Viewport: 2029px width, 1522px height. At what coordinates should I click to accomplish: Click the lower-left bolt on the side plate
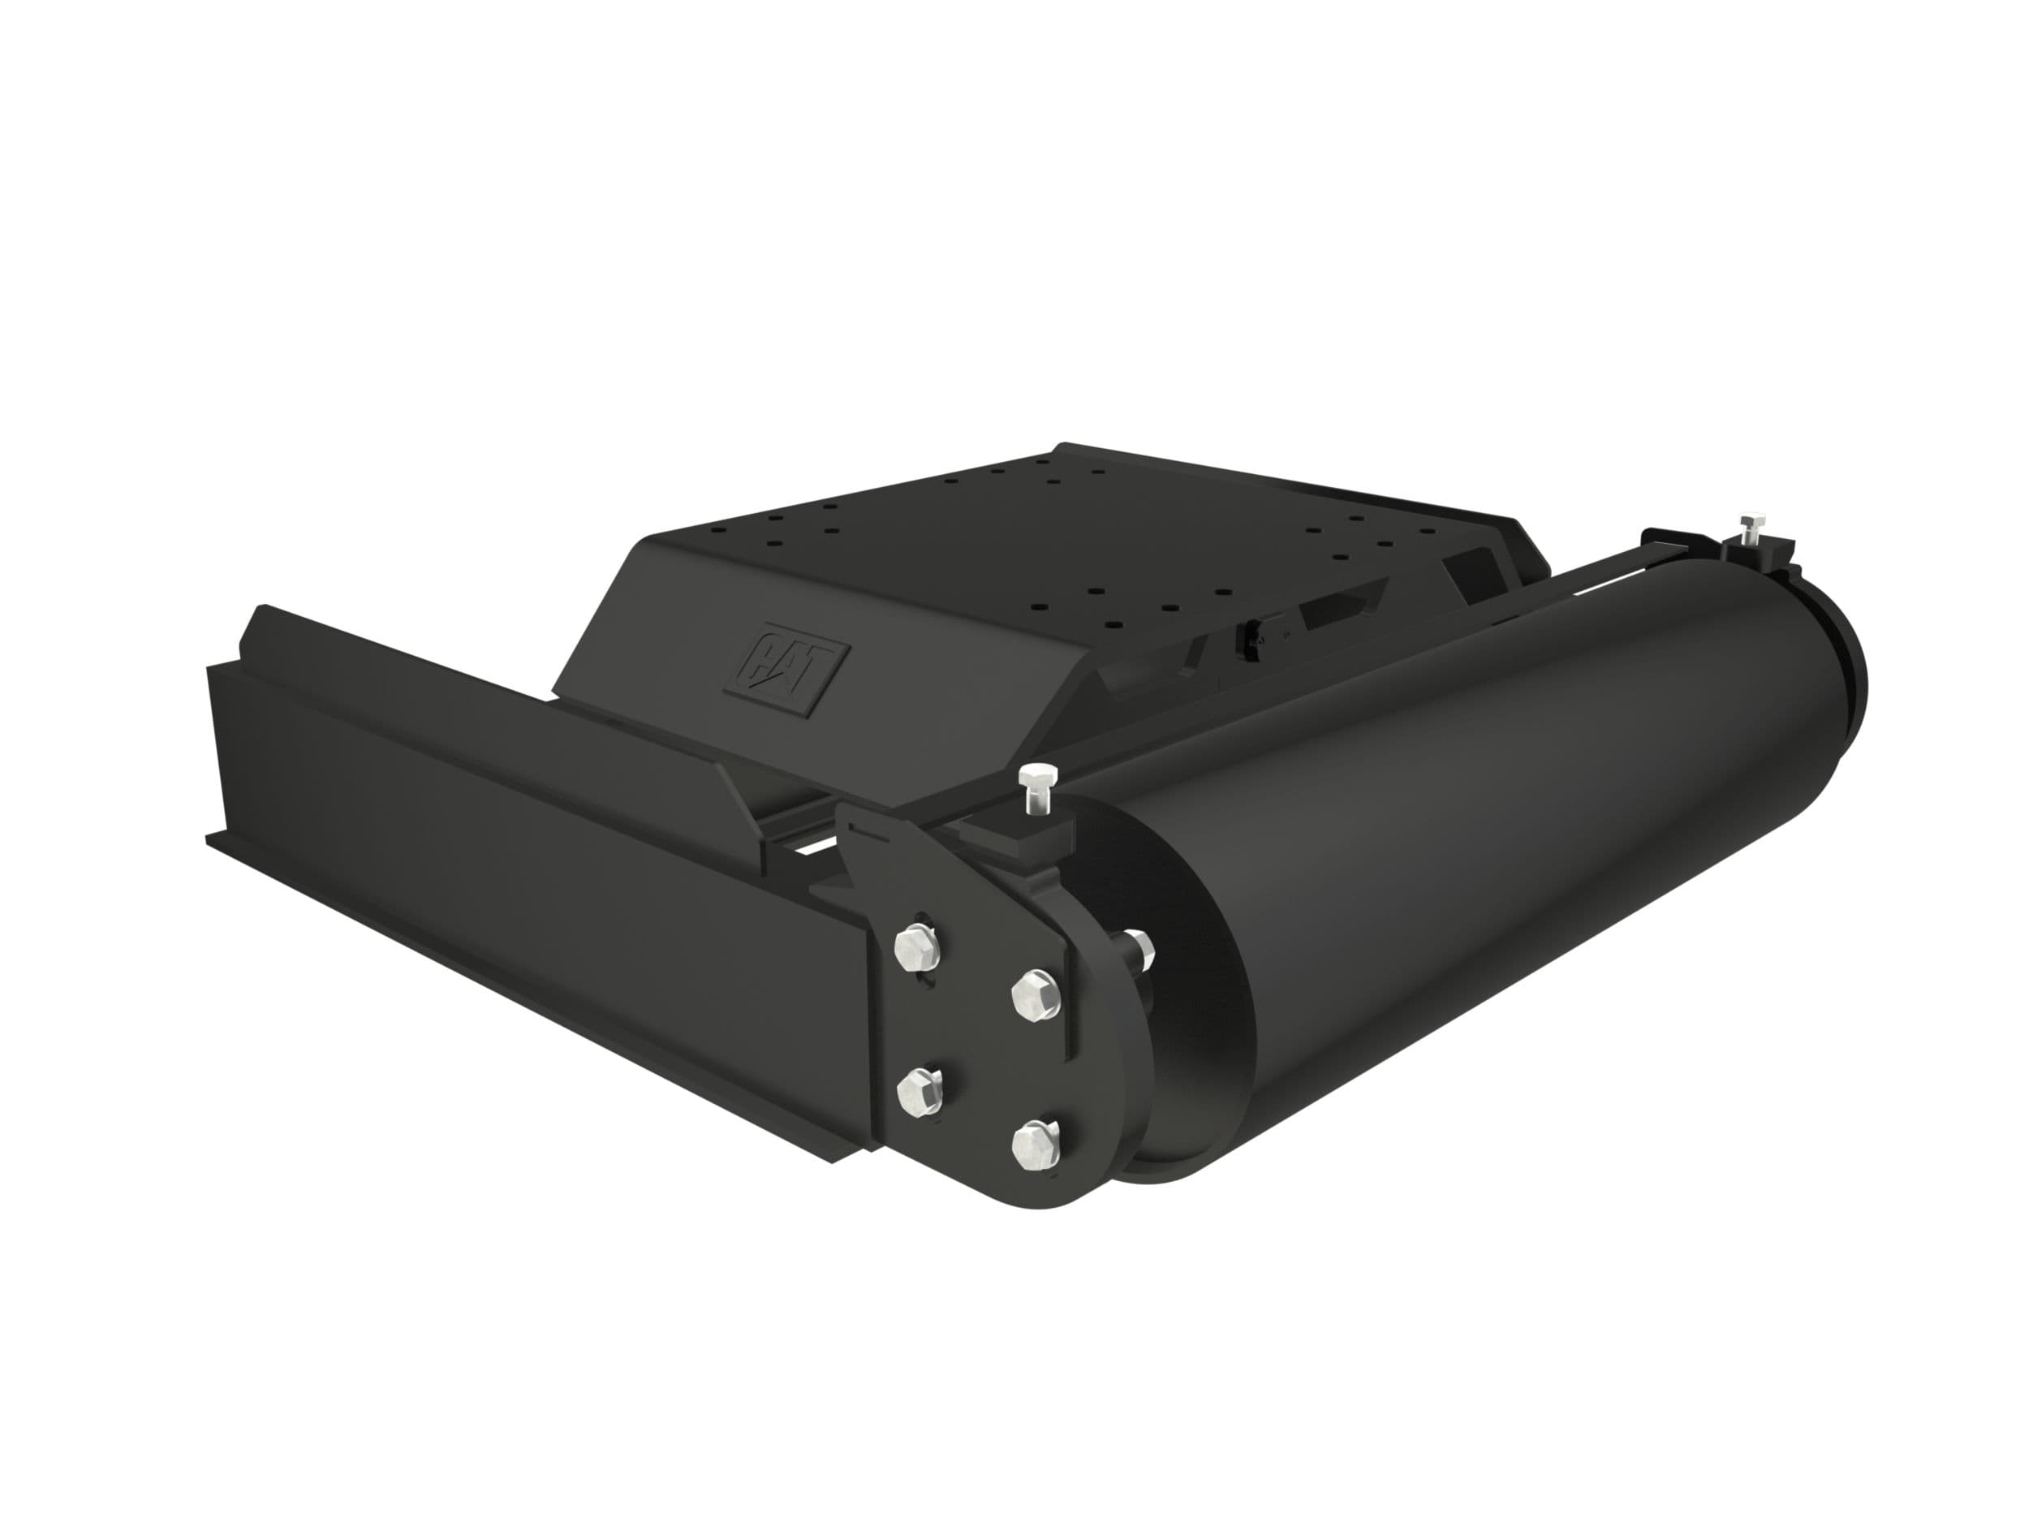915,1089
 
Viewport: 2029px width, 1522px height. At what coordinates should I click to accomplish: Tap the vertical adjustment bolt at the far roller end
1749,531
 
